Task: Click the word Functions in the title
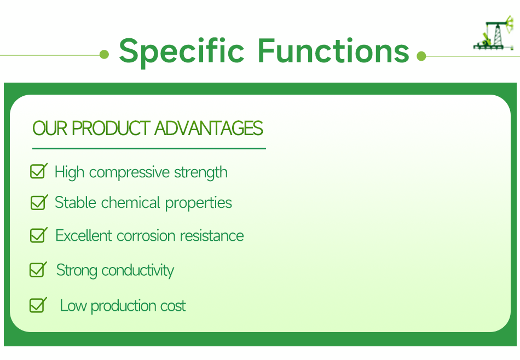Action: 333,50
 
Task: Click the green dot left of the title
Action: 105,55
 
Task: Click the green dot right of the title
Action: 421,56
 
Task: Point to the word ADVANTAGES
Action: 209,129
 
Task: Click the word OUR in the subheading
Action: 50,129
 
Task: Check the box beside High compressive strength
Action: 38,172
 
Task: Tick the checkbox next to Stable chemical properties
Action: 38,203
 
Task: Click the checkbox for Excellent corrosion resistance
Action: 38,236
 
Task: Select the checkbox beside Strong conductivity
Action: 38,270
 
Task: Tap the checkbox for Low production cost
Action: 38,305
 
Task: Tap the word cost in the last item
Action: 173,306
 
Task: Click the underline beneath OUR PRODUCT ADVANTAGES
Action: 149,148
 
